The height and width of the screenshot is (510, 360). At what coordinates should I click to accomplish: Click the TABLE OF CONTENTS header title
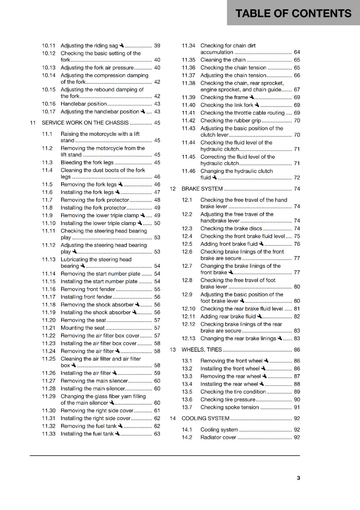point(293,13)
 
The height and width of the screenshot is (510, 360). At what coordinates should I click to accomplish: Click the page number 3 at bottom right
point(298,478)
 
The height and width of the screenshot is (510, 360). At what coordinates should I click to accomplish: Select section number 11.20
point(49,320)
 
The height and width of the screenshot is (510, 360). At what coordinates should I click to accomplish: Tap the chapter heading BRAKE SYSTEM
point(202,189)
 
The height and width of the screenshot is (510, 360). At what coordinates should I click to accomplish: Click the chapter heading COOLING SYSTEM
point(205,418)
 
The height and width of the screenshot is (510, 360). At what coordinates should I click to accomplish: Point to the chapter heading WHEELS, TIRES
point(202,350)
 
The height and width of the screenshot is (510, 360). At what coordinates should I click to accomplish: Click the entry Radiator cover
point(218,437)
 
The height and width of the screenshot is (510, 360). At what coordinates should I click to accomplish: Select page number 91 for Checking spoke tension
point(297,407)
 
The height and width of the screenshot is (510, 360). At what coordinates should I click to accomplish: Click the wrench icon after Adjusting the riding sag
point(122,46)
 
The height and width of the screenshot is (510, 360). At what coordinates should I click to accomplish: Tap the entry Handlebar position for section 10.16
point(83,104)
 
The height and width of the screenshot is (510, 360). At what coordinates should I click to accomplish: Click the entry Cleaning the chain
point(223,60)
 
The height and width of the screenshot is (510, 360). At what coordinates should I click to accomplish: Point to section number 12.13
point(188,339)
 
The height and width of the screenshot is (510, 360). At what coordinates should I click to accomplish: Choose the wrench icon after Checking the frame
point(252,97)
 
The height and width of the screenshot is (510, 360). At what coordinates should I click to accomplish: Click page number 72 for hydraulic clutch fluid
point(297,178)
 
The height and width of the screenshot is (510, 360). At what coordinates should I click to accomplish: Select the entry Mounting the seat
point(83,328)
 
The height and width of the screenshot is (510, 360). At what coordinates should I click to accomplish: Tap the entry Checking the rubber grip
point(230,120)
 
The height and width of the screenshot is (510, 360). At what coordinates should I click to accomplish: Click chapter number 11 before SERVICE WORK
point(33,123)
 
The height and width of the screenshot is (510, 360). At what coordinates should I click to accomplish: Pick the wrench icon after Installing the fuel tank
point(117,433)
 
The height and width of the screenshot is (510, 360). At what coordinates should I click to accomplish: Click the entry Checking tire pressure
point(228,399)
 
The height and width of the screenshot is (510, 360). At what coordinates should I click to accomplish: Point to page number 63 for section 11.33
point(157,434)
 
